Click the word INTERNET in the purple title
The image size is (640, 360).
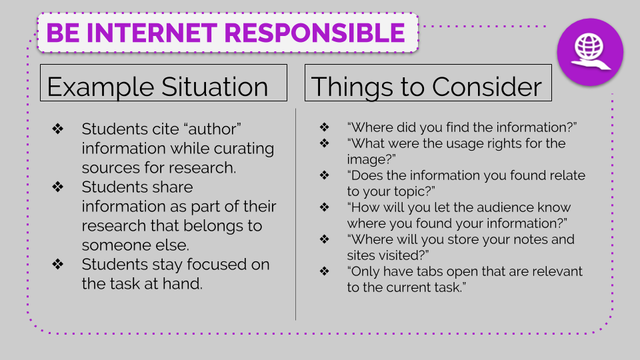pyautogui.click(x=151, y=33)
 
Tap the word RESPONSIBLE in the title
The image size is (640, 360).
pyautogui.click(x=315, y=33)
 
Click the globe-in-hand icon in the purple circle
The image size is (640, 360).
pyautogui.click(x=590, y=52)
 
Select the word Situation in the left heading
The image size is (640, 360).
pyautogui.click(x=215, y=87)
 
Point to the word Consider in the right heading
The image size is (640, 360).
pyautogui.click(x=487, y=87)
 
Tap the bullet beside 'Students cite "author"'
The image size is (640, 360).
pyautogui.click(x=57, y=129)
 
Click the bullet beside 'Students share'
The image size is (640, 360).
pyautogui.click(x=57, y=187)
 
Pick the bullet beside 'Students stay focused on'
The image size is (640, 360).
pyautogui.click(x=57, y=264)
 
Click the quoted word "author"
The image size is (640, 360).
pyautogui.click(x=212, y=129)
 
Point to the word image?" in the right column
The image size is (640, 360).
pyautogui.click(x=371, y=159)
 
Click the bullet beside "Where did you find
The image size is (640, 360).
pyautogui.click(x=325, y=127)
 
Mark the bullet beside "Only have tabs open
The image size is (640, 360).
pyautogui.click(x=325, y=271)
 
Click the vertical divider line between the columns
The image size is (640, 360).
pyautogui.click(x=295, y=214)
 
